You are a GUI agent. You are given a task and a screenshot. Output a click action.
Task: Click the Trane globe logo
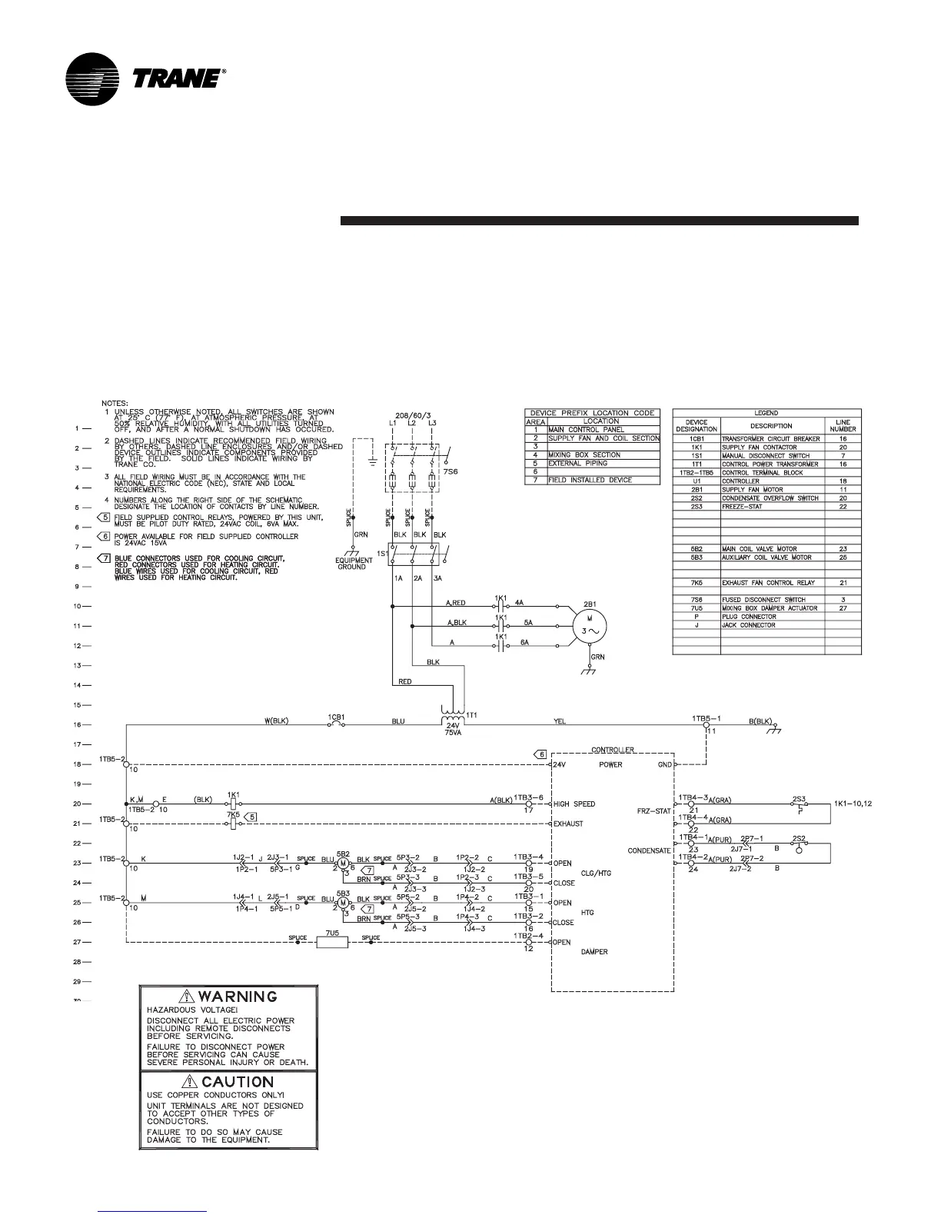coord(94,79)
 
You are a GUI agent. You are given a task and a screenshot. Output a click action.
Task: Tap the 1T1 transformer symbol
coord(454,715)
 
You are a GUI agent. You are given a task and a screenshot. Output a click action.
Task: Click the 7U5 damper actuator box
coord(333,942)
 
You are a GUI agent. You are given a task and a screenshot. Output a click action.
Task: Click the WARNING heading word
coord(238,997)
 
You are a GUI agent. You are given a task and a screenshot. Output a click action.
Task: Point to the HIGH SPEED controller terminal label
coord(574,804)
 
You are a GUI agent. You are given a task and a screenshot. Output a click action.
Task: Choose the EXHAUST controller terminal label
coord(568,824)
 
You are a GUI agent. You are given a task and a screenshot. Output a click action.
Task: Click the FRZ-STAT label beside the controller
coord(653,811)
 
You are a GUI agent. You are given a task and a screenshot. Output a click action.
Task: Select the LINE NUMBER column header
coord(843,425)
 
